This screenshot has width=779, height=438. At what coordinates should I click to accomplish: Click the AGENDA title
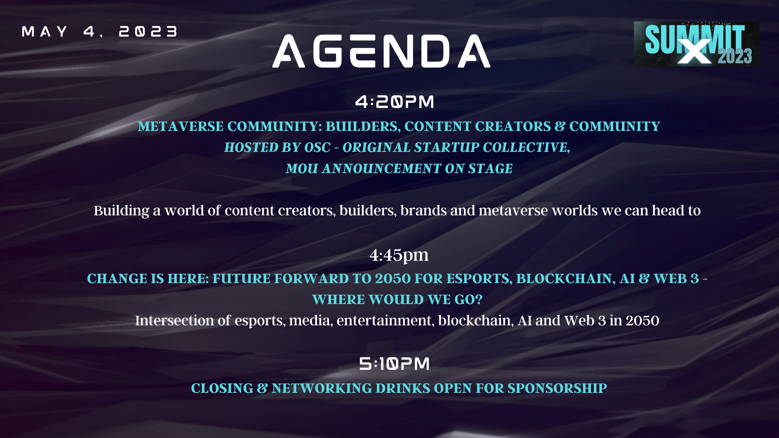tap(381, 51)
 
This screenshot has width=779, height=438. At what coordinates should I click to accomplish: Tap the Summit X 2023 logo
tap(696, 44)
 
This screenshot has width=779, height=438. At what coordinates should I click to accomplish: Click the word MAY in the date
tap(45, 32)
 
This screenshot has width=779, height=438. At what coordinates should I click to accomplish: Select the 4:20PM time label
tap(395, 101)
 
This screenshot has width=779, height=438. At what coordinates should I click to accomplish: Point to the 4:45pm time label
tap(399, 255)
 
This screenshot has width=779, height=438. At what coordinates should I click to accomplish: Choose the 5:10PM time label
tap(394, 364)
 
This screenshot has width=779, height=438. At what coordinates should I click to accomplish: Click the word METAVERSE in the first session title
tap(180, 126)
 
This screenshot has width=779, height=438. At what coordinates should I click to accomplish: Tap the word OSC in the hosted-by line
tap(317, 147)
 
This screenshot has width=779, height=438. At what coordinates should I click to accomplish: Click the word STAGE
tap(490, 169)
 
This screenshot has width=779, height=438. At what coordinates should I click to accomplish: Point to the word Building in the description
tap(121, 211)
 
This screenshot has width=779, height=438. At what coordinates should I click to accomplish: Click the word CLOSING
tap(222, 388)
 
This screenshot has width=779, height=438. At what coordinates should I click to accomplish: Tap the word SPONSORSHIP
tap(557, 388)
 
